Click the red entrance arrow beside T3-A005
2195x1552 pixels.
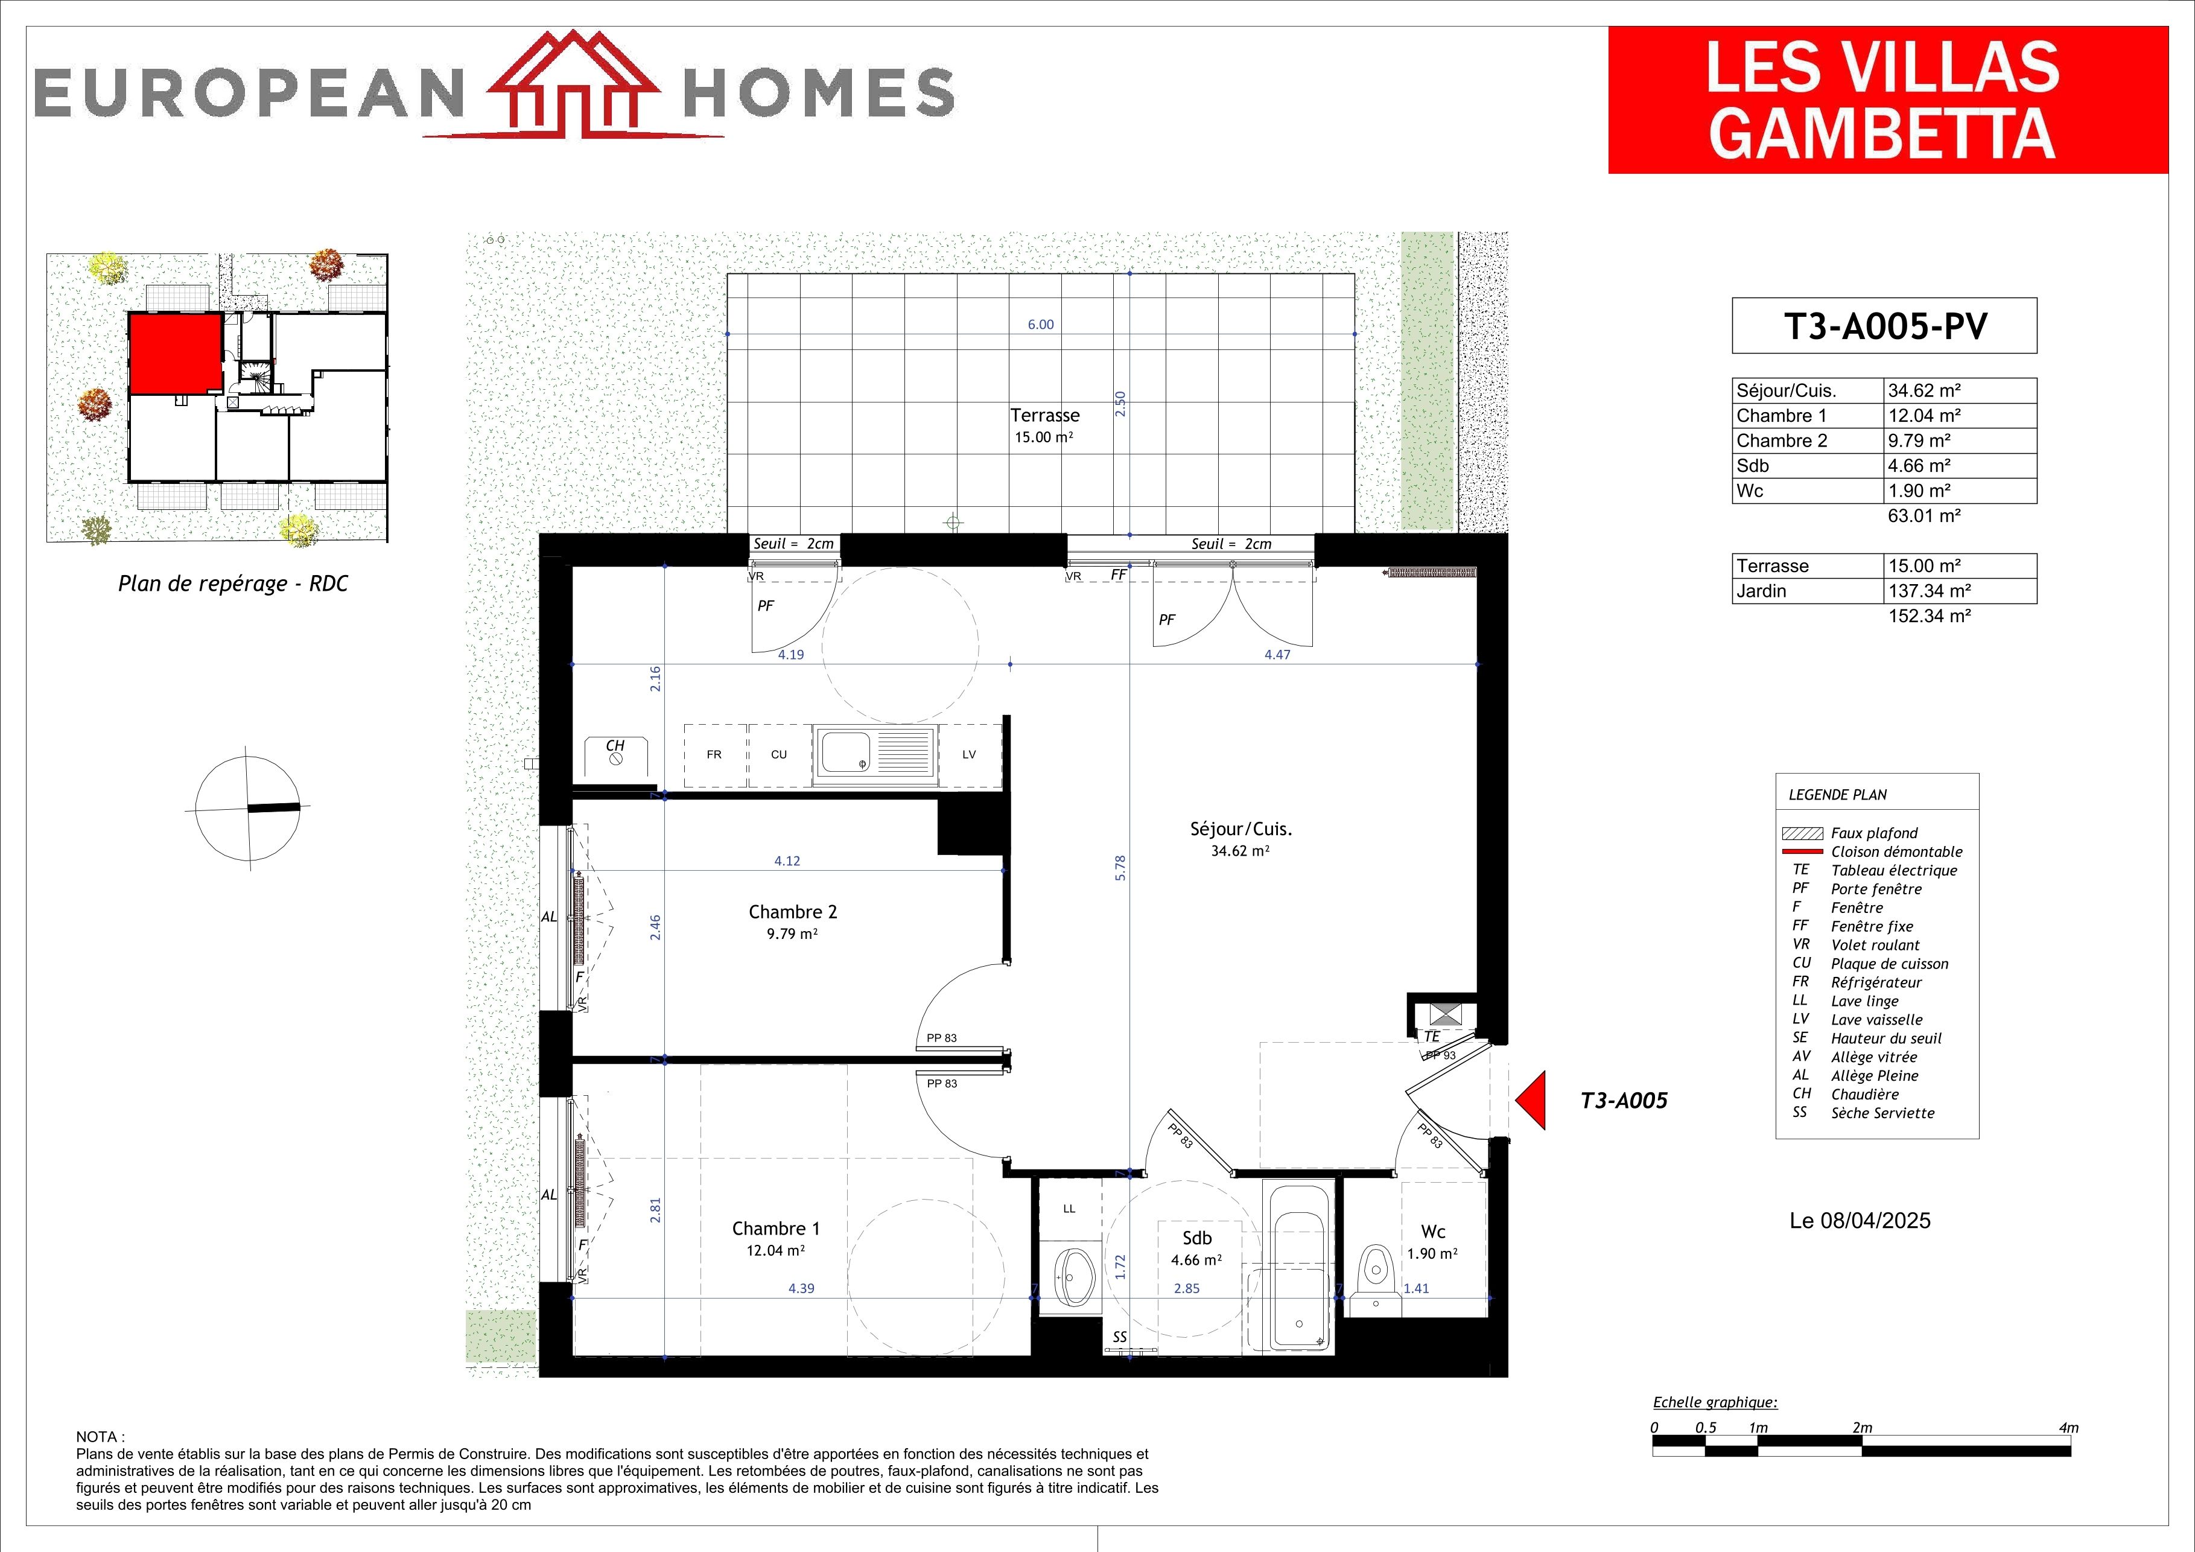click(1531, 1101)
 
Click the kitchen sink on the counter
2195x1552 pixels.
click(874, 754)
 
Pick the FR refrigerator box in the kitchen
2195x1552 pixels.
click(715, 754)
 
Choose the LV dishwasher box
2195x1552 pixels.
click(970, 754)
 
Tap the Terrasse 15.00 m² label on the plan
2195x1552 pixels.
click(1045, 425)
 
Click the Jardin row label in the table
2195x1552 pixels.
click(1761, 591)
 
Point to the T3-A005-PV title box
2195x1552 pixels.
click(1884, 326)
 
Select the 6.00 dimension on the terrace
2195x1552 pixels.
click(1041, 324)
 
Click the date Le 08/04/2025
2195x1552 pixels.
click(1860, 1221)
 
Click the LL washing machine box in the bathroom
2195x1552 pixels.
click(1069, 1210)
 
